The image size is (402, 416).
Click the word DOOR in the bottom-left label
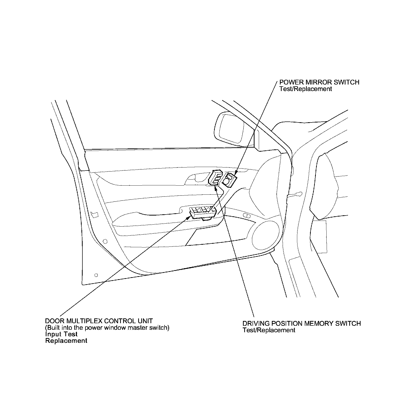point(53,321)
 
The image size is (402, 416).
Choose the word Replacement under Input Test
point(66,341)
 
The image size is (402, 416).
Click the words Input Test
point(61,334)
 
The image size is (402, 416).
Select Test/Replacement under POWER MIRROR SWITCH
point(306,89)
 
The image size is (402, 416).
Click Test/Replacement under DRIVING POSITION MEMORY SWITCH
point(269,330)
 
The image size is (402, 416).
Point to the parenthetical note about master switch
point(107,327)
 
